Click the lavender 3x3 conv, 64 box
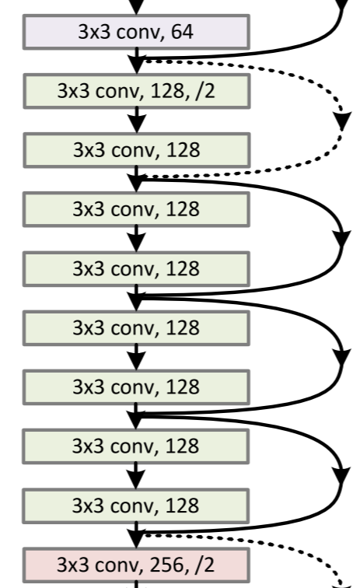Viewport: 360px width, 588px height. click(137, 32)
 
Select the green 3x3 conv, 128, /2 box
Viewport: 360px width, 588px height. click(137, 91)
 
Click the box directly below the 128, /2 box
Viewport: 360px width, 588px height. click(137, 149)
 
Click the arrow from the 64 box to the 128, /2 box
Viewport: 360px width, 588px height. click(137, 61)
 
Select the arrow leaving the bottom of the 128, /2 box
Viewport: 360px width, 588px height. click(137, 121)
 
